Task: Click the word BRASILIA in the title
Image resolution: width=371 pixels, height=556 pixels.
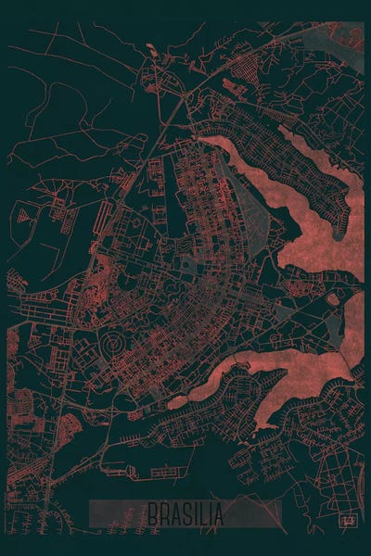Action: coord(185,512)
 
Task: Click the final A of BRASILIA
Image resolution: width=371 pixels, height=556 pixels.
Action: coord(219,512)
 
